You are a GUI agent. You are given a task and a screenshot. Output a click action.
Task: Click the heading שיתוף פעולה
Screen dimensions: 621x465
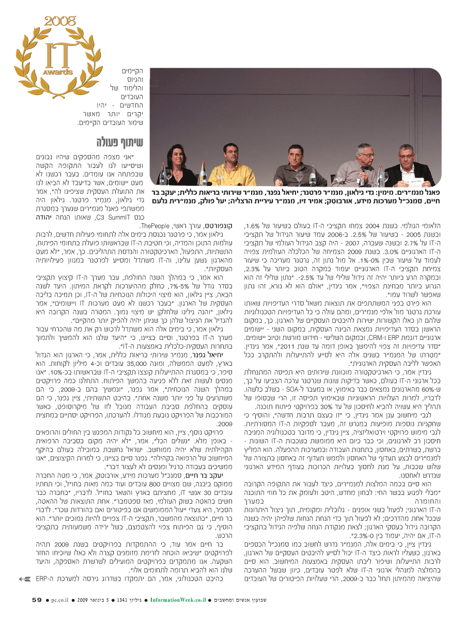[x=114, y=142]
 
